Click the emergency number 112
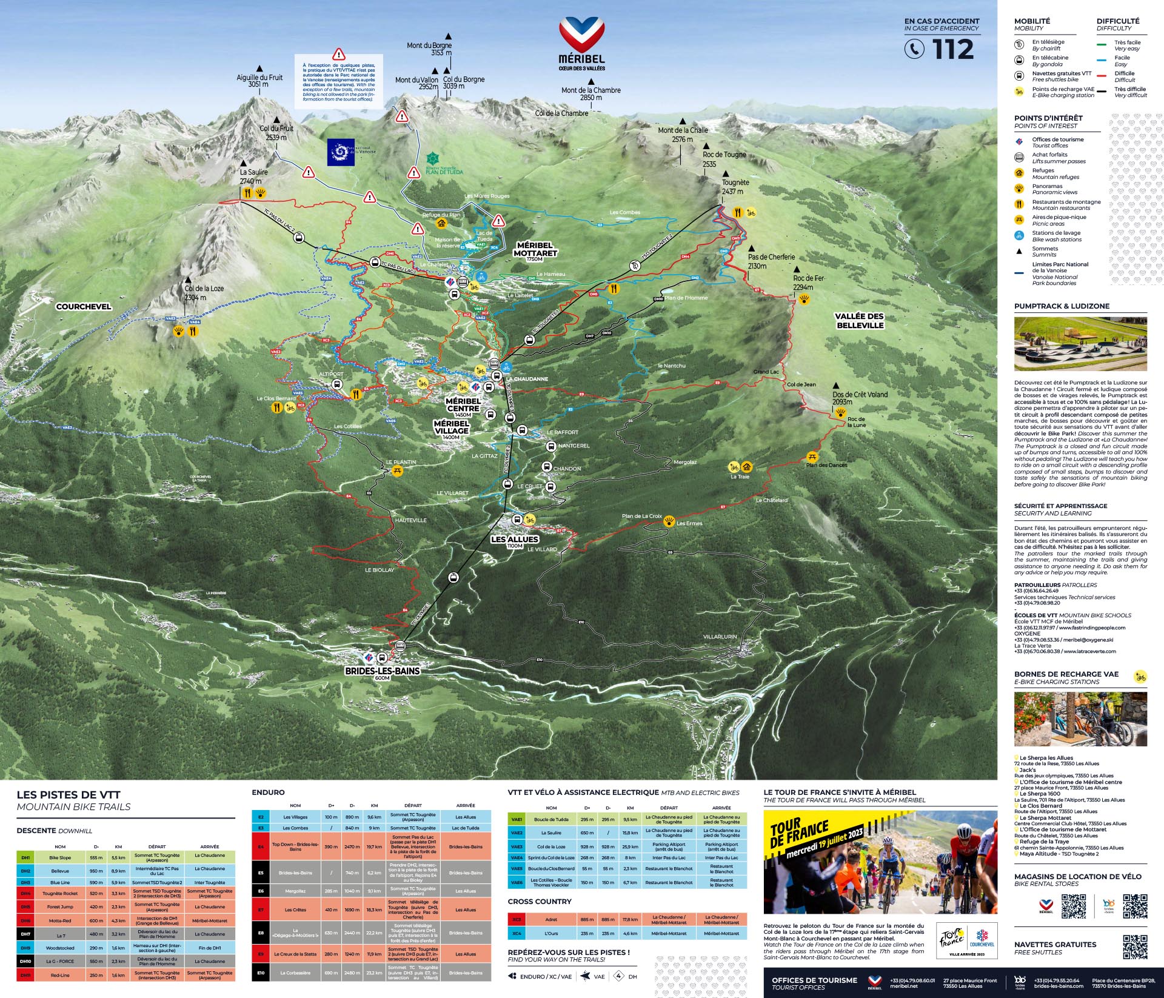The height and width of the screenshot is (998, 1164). coord(952,50)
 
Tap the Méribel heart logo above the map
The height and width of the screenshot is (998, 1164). coord(581,35)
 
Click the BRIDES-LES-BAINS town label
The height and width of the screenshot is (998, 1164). coord(382,671)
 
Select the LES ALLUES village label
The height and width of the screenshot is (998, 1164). coord(514,539)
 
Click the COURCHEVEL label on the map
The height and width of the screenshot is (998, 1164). coord(84,306)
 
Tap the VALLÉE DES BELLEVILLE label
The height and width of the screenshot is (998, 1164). coord(859,321)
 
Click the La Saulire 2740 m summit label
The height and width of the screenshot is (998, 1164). coord(253,176)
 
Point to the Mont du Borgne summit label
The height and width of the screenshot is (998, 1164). coord(429,49)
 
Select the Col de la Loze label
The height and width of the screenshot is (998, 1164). coord(204,292)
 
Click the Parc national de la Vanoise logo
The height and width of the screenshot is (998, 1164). coord(341,152)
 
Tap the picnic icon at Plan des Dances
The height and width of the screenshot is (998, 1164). coord(812,457)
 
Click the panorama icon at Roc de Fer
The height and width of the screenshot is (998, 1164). coord(804,299)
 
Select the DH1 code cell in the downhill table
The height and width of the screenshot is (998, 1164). coord(25,858)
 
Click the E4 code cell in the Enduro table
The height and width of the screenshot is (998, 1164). coord(261,846)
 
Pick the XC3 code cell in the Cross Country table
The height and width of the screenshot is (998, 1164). coord(517,919)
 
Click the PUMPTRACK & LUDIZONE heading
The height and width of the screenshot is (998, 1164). coord(1062,306)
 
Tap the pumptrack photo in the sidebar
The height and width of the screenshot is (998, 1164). coord(1080,344)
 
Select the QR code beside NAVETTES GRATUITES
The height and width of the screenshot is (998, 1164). coord(1134,946)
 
